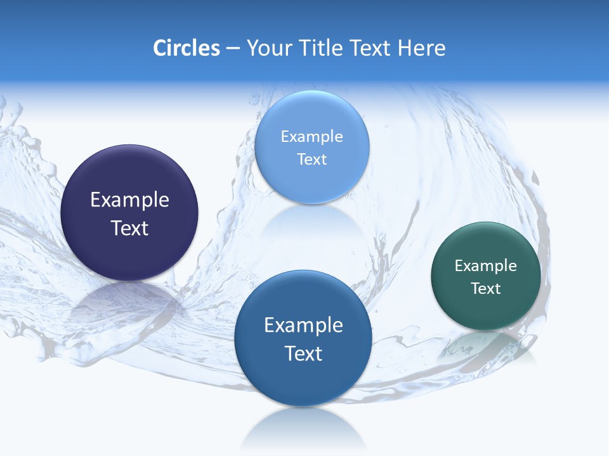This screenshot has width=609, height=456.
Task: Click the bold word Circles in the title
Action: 187,48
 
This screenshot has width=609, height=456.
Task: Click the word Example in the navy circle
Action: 129,200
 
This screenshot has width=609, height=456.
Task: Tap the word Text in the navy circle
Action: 129,228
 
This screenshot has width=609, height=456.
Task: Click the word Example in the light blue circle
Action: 311,136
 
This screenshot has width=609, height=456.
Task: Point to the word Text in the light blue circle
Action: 311,159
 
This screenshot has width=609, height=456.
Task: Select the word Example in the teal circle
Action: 486,266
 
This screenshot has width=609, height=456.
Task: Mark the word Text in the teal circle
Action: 486,289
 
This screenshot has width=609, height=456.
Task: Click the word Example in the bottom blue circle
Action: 303,326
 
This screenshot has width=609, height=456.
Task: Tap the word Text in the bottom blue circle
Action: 303,353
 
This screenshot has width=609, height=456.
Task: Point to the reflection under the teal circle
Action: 485,345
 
